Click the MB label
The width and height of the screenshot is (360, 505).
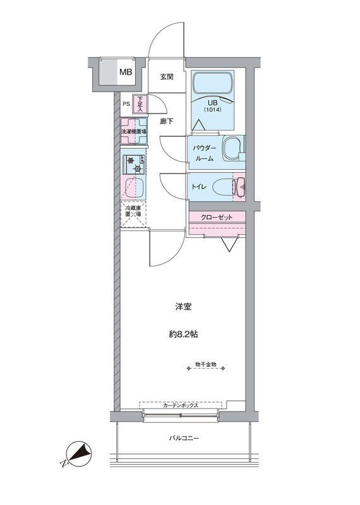[126, 72]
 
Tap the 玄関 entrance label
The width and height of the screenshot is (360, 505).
[167, 77]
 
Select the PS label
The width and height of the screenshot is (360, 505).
[126, 104]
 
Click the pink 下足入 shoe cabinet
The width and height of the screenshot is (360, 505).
[140, 104]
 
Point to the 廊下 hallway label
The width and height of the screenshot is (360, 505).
[167, 121]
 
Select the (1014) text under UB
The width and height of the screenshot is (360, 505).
[212, 109]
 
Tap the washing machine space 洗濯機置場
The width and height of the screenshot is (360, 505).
[134, 131]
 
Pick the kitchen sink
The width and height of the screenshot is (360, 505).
[134, 187]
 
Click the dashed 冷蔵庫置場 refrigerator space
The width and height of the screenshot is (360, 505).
[133, 214]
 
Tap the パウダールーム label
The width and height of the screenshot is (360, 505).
[205, 153]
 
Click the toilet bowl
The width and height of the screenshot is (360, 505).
[222, 187]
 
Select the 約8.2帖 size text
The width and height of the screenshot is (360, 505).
[183, 335]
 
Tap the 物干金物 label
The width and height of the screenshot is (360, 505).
[206, 364]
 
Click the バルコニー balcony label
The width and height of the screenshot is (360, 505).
[184, 438]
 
